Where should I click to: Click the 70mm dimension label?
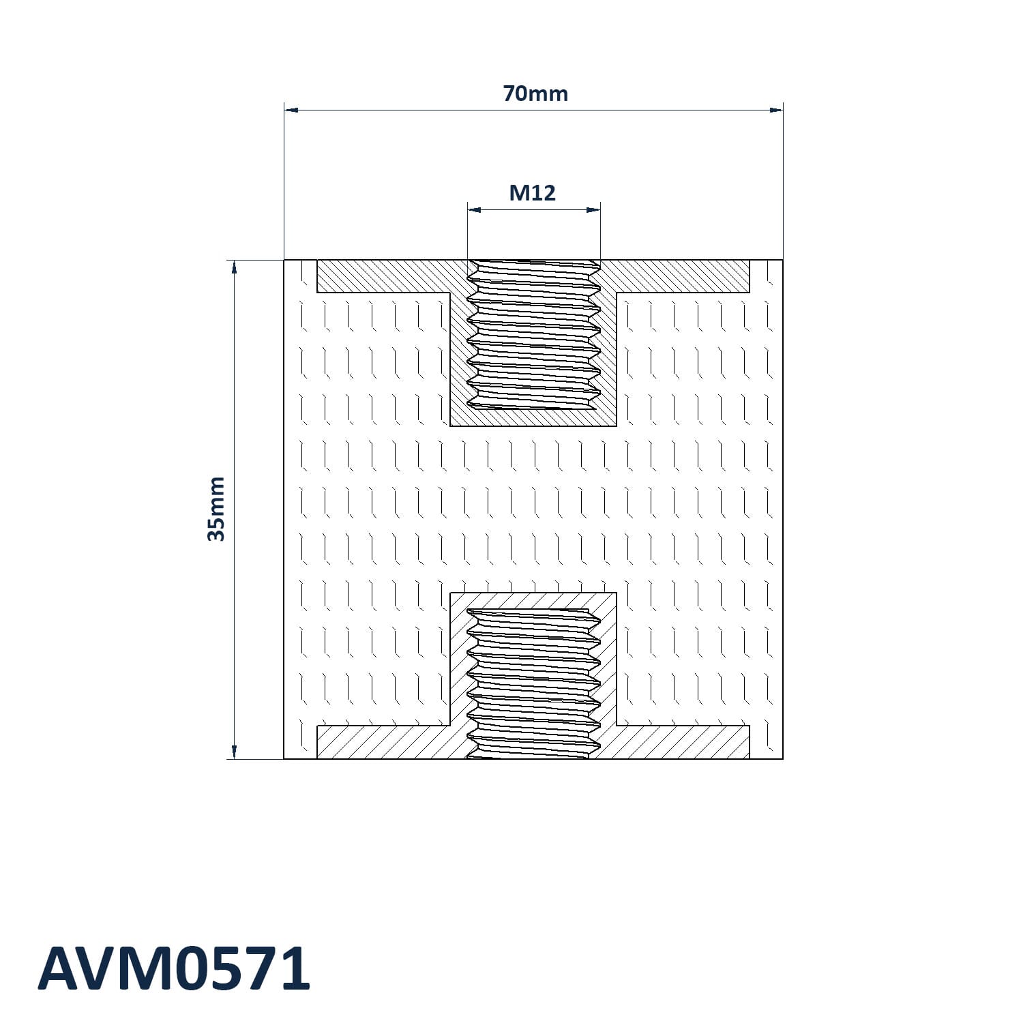pyautogui.click(x=535, y=93)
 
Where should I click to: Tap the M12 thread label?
pyautogui.click(x=533, y=193)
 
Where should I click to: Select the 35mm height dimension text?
pyautogui.click(x=216, y=509)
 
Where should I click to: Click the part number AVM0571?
pyautogui.click(x=174, y=969)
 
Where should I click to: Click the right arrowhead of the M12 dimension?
pyautogui.click(x=593, y=209)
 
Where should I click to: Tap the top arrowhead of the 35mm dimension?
pyautogui.click(x=234, y=267)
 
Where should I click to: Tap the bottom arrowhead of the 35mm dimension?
pyautogui.click(x=234, y=751)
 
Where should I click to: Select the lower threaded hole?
pyautogui.click(x=533, y=682)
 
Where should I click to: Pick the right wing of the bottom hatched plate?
pyautogui.click(x=682, y=742)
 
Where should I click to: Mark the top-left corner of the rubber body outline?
pyautogui.click(x=284, y=261)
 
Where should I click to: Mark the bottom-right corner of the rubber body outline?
pyautogui.click(x=782, y=758)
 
